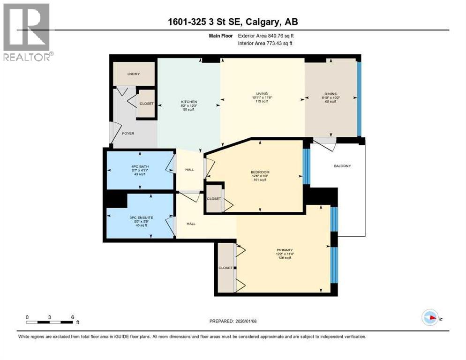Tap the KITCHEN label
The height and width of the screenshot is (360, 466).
189,102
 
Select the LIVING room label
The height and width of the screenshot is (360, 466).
262,93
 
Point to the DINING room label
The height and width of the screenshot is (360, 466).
331,93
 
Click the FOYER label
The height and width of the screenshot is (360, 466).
128,134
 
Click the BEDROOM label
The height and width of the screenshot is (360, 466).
260,172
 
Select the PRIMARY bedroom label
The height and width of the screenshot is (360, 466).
285,250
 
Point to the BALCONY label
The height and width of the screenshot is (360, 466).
342,166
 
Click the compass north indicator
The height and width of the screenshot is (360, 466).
430,317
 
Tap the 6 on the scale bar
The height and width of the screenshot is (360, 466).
72,317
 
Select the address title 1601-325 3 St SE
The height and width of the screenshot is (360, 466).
233,22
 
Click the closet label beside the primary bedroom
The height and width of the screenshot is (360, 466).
225,268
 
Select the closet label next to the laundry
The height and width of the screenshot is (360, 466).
147,103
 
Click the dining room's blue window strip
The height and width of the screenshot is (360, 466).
359,98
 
